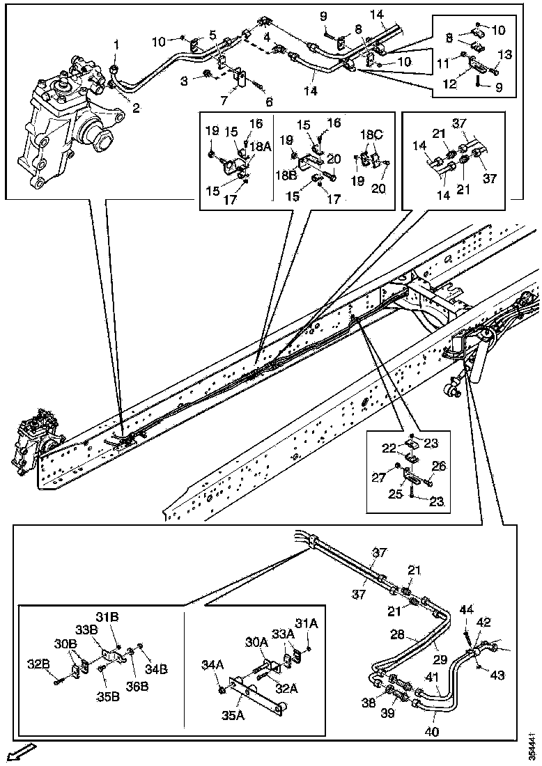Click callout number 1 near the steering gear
(x=117, y=44)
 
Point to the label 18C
(x=369, y=134)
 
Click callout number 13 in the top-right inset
(x=504, y=54)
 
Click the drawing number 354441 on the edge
(x=532, y=745)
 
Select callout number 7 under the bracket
(x=224, y=101)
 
